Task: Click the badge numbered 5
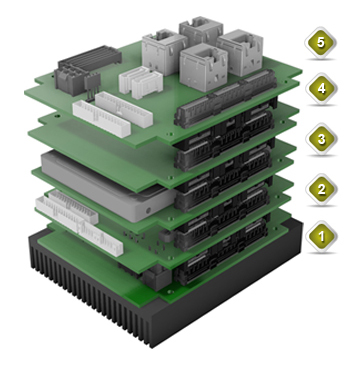(320, 43)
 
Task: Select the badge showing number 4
(321, 89)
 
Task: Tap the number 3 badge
(321, 139)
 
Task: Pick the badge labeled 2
(321, 189)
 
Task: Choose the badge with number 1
(321, 236)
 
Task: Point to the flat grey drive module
(108, 186)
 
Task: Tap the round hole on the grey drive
(148, 210)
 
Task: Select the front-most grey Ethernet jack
(203, 67)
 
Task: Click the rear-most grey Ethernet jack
(201, 30)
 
